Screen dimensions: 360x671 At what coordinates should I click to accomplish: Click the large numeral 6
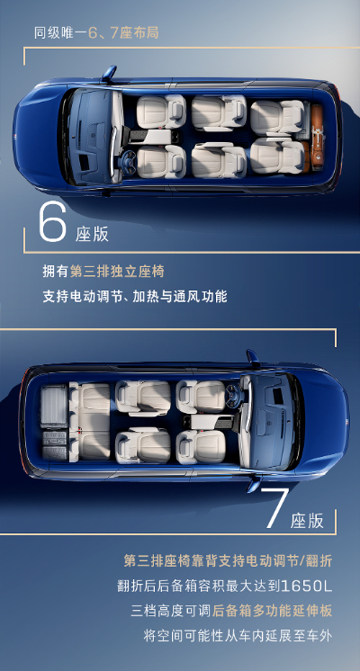pyautogui.click(x=53, y=221)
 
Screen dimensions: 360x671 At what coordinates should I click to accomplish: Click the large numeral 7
pyautogui.click(x=274, y=507)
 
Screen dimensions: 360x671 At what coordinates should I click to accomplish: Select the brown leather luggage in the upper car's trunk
pyautogui.click(x=317, y=136)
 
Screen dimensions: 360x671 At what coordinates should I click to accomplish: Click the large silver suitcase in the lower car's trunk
pyautogui.click(x=54, y=407)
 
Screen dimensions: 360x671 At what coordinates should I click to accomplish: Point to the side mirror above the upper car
pyautogui.click(x=109, y=74)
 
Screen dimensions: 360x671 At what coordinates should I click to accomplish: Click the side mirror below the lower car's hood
pyautogui.click(x=254, y=484)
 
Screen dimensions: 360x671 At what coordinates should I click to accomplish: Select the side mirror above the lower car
pyautogui.click(x=253, y=358)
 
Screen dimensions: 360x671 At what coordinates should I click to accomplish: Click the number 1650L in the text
pyautogui.click(x=306, y=586)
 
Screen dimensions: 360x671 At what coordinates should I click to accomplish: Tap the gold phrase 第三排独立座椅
pyautogui.click(x=117, y=272)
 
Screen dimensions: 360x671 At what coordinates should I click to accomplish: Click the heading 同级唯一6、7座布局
pyautogui.click(x=96, y=33)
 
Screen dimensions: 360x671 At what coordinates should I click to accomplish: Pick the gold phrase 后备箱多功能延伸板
pyautogui.click(x=272, y=611)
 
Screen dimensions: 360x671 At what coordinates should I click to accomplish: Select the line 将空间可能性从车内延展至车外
pyautogui.click(x=238, y=636)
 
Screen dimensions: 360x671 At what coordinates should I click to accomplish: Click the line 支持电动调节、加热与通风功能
pyautogui.click(x=135, y=297)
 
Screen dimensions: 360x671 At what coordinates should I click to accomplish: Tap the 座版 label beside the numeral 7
pyautogui.click(x=307, y=521)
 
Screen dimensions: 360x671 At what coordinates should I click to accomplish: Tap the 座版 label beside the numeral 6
pyautogui.click(x=92, y=234)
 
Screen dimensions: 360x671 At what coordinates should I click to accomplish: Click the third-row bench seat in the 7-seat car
pyautogui.click(x=91, y=422)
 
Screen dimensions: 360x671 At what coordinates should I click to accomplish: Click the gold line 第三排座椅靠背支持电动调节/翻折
pyautogui.click(x=228, y=560)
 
